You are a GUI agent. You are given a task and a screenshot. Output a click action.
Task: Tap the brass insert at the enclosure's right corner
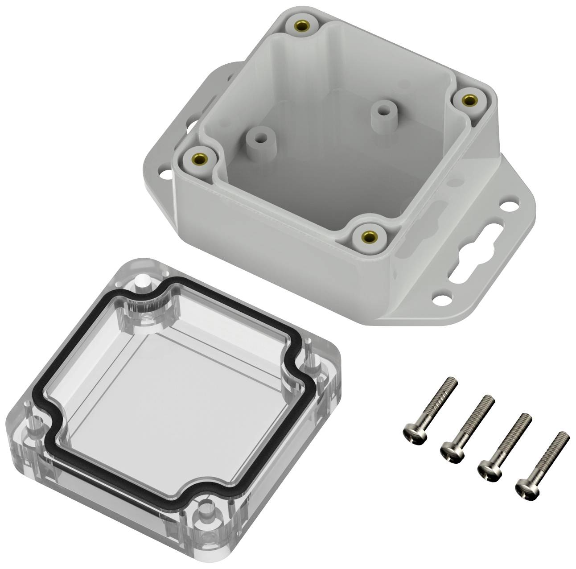(x=467, y=101)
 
